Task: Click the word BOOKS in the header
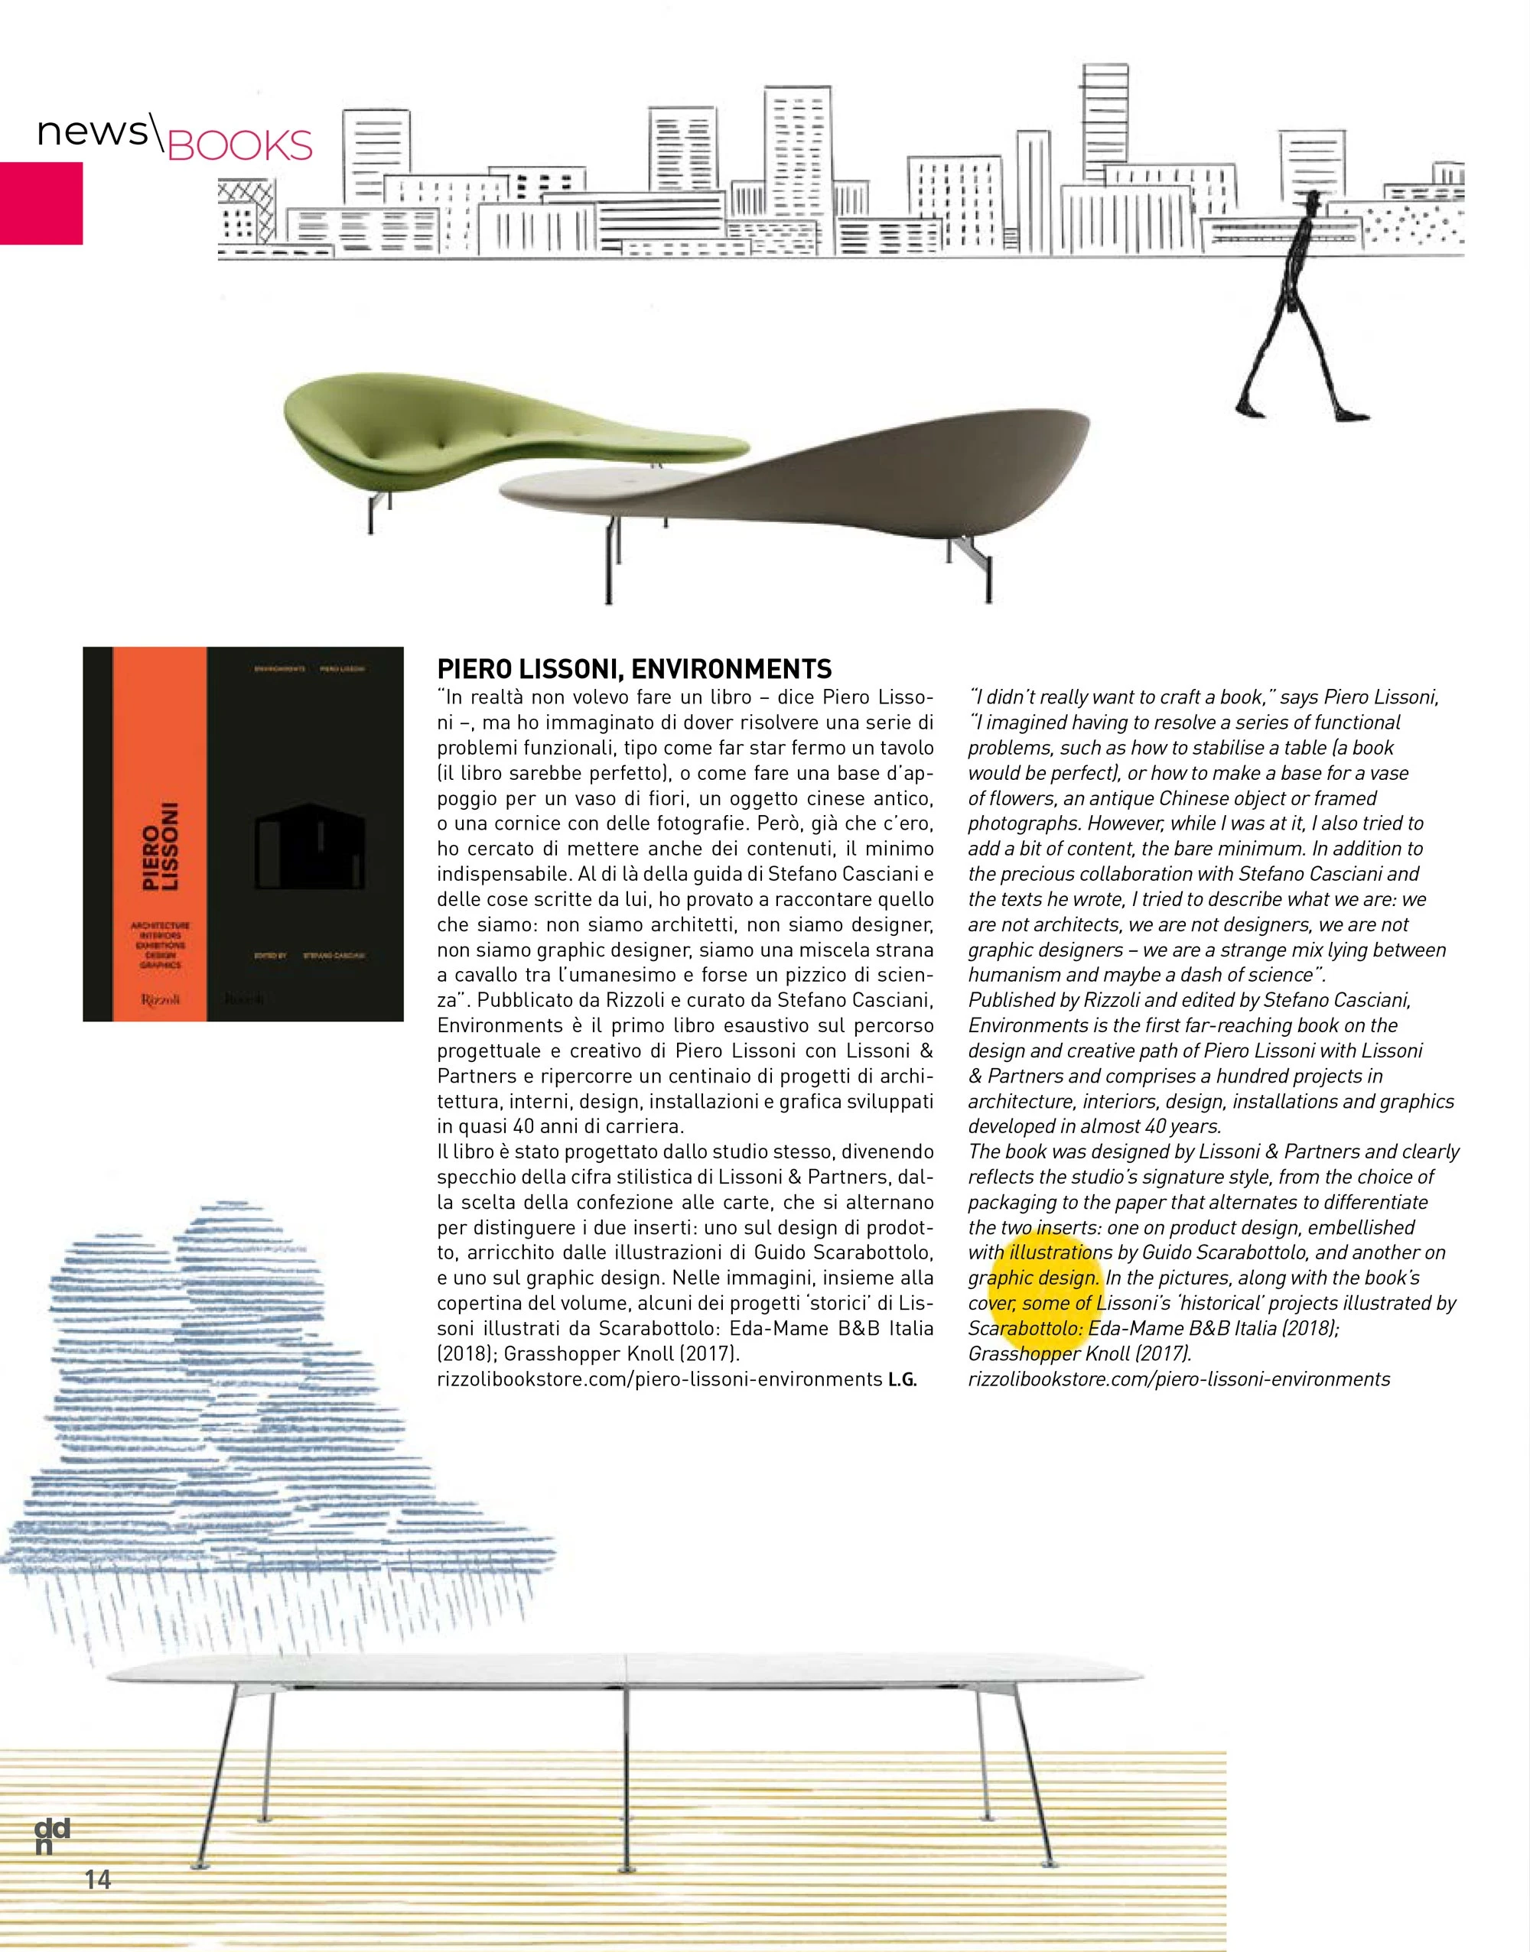[240, 146]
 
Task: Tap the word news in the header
[93, 132]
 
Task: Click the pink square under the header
[41, 203]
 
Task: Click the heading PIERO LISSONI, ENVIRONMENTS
[634, 669]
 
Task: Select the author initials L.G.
[902, 1380]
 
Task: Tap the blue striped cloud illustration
[224, 1397]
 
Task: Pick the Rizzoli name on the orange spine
[161, 999]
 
